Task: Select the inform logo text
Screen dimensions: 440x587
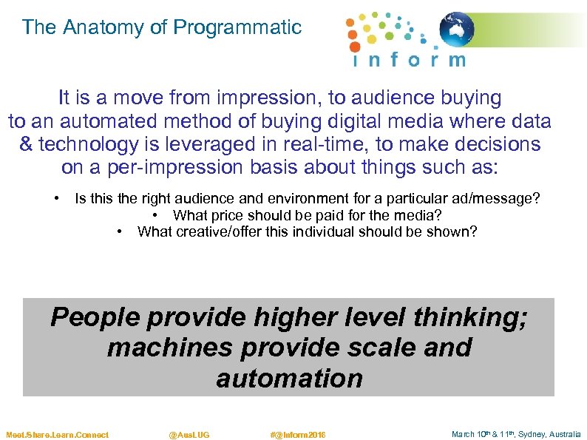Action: click(409, 60)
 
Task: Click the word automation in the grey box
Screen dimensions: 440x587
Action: click(289, 378)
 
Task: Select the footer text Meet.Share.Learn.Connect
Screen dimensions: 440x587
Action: click(57, 435)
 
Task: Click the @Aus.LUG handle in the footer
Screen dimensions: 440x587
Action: click(189, 435)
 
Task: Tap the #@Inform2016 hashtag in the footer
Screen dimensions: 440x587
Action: click(298, 435)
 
